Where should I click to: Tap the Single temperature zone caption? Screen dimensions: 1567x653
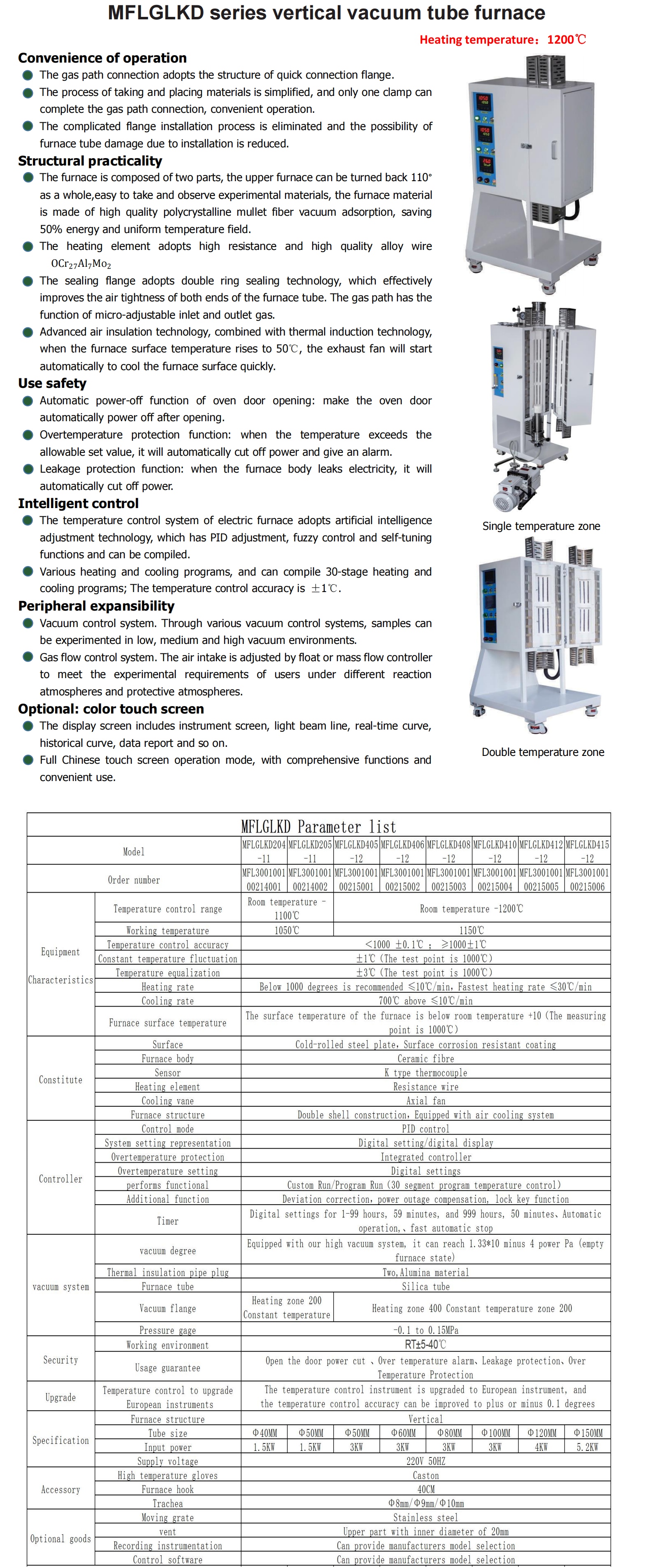(x=541, y=526)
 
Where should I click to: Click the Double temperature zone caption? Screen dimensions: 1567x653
(x=542, y=752)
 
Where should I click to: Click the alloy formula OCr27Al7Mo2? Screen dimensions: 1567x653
(x=81, y=264)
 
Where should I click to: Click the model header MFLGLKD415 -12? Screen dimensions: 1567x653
(x=587, y=851)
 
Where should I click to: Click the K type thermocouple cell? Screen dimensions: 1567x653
(x=425, y=1073)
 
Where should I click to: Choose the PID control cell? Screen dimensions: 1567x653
(x=425, y=1129)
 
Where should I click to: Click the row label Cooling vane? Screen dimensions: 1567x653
(x=167, y=1101)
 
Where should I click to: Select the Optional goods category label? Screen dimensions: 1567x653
(x=60, y=1539)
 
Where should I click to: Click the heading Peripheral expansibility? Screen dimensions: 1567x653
(x=96, y=606)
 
